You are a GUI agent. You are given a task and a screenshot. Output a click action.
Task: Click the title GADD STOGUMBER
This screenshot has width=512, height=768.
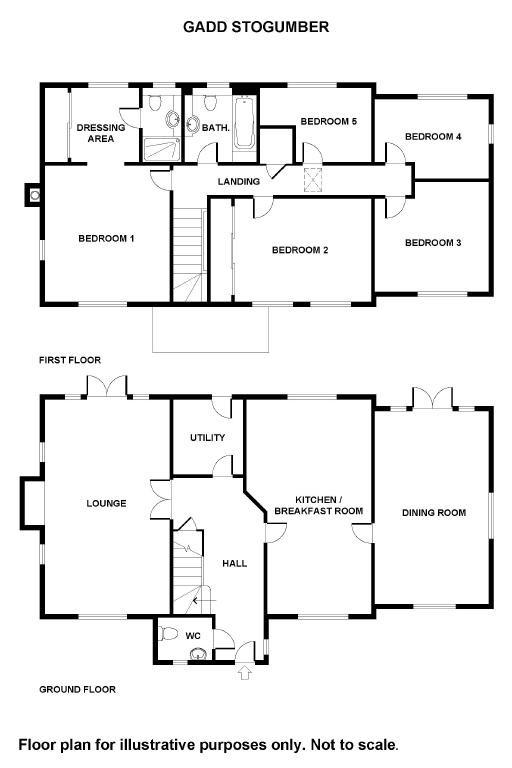pyautogui.click(x=256, y=27)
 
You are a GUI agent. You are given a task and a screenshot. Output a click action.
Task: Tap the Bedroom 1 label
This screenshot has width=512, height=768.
pyautogui.click(x=106, y=239)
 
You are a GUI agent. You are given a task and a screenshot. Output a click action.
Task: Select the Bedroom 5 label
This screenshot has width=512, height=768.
pyautogui.click(x=329, y=121)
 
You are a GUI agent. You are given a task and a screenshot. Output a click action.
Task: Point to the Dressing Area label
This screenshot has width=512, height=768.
pyautogui.click(x=101, y=133)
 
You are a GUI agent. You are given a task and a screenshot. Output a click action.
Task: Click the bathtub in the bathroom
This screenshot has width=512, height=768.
pyautogui.click(x=244, y=122)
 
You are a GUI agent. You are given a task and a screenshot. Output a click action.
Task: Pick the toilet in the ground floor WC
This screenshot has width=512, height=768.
pyautogui.click(x=168, y=633)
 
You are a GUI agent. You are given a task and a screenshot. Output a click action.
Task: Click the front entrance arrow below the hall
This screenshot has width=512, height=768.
pyautogui.click(x=245, y=672)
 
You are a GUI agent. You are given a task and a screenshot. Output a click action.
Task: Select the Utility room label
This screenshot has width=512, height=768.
pyautogui.click(x=208, y=437)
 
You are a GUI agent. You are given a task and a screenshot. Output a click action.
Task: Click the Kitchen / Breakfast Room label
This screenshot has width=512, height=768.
pyautogui.click(x=318, y=505)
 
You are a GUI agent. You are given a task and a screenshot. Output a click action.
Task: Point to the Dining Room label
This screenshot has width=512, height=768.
pyautogui.click(x=434, y=513)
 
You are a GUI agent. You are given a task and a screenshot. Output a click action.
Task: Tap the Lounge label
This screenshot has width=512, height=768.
pyautogui.click(x=106, y=503)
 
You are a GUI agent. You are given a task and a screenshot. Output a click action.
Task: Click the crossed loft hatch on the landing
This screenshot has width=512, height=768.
pyautogui.click(x=313, y=179)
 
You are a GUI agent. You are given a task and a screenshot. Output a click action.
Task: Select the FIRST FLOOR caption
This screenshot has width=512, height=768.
pyautogui.click(x=70, y=360)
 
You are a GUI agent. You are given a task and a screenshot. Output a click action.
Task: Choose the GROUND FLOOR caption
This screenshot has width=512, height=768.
pyautogui.click(x=77, y=690)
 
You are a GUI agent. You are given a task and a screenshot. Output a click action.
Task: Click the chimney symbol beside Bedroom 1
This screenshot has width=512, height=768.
pyautogui.click(x=34, y=195)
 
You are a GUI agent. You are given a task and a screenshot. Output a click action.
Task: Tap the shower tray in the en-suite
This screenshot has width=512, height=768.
pyautogui.click(x=162, y=149)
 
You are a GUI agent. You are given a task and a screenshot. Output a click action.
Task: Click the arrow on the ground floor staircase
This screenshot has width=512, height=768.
pyautogui.click(x=205, y=600)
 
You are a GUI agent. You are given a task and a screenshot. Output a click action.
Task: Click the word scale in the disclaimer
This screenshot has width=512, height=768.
pyautogui.click(x=376, y=745)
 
